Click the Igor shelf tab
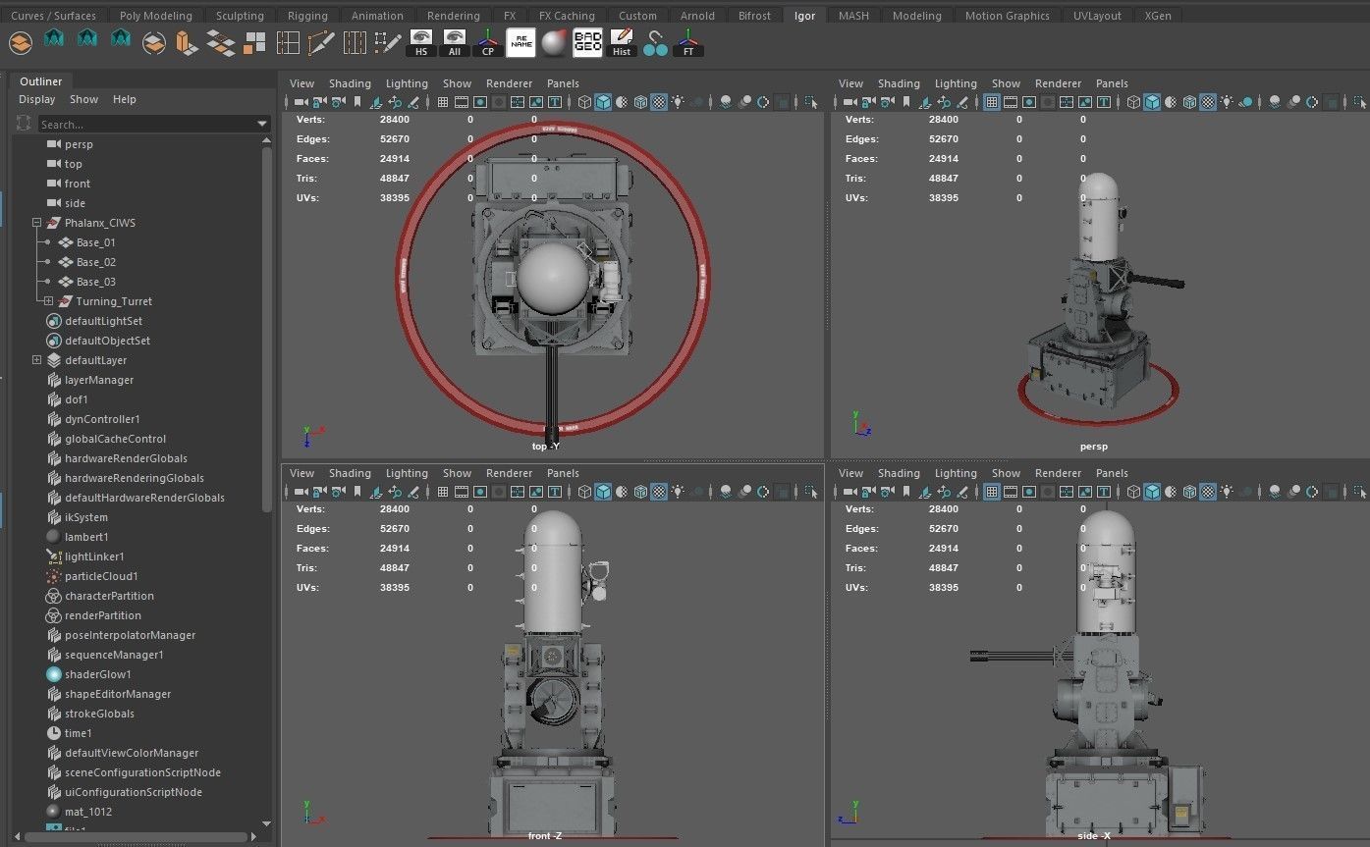pos(804,16)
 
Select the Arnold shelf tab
pos(697,16)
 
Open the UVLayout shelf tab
pos(1097,16)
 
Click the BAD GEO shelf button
pos(587,43)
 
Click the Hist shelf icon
pos(622,43)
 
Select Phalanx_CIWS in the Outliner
pos(99,223)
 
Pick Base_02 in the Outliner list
pos(95,262)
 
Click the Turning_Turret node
pos(113,301)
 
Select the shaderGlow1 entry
pos(97,674)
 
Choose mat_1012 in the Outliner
pos(87,812)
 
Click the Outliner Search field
pos(147,125)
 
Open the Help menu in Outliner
pos(124,99)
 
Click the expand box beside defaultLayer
pos(37,360)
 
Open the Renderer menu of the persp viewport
pos(1058,83)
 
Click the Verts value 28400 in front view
pos(395,509)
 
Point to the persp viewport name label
pos(1093,447)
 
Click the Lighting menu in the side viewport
pos(955,473)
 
